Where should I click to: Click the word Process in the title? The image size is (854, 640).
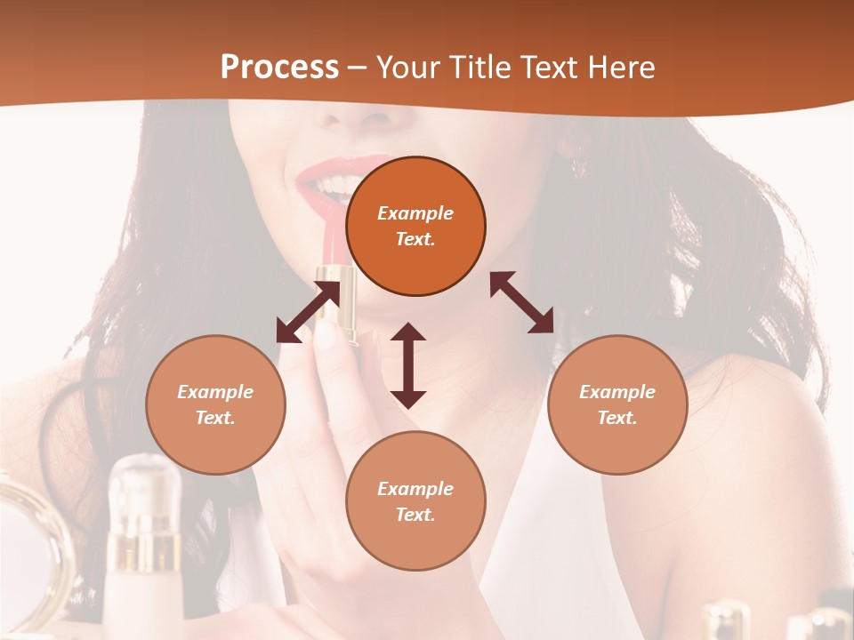(x=279, y=68)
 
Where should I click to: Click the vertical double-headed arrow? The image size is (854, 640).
(x=408, y=365)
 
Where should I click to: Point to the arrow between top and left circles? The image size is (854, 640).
(x=308, y=312)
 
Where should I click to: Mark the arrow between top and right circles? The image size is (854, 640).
(x=521, y=302)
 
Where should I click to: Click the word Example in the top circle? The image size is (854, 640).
(x=415, y=213)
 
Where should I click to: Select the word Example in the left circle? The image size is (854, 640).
(x=215, y=392)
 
